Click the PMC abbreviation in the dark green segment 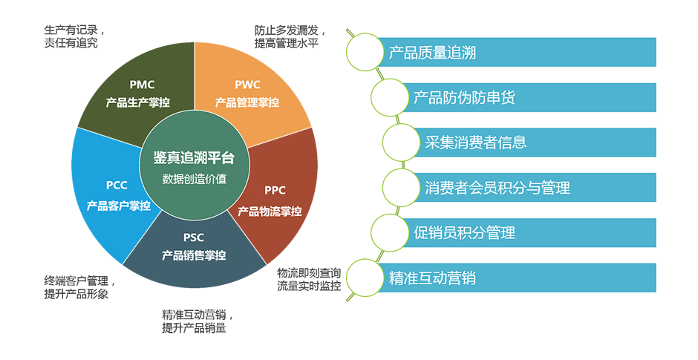click(x=141, y=85)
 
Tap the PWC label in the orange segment click(x=247, y=85)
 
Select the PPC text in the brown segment click(x=275, y=190)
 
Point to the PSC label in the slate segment click(x=194, y=238)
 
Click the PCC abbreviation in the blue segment click(x=117, y=186)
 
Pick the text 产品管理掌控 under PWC click(x=247, y=102)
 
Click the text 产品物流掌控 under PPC click(x=270, y=211)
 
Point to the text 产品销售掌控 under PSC click(x=194, y=255)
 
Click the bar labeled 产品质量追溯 click(x=512, y=53)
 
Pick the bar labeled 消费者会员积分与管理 click(x=535, y=188)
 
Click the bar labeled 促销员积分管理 click(x=531, y=233)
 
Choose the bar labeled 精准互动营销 click(x=512, y=278)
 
